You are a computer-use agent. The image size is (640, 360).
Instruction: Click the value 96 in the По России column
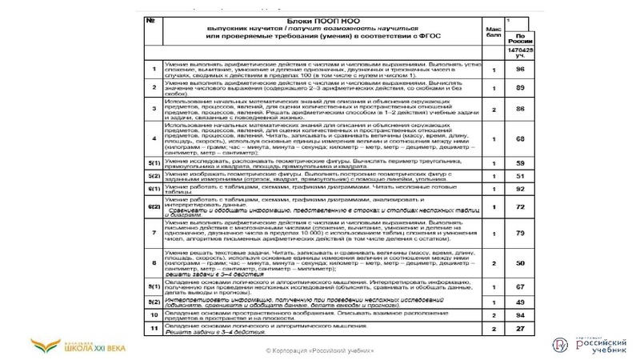[520, 69]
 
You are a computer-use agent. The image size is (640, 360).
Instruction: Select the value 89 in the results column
[520, 88]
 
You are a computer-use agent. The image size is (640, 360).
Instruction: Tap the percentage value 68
[520, 138]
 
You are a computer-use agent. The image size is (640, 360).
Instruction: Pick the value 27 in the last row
[520, 329]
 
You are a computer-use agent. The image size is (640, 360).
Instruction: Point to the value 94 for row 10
[520, 315]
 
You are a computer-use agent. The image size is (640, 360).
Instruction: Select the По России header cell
[520, 38]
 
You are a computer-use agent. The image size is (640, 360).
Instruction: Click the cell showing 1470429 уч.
[520, 53]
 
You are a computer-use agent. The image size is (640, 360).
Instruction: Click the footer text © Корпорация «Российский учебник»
[319, 352]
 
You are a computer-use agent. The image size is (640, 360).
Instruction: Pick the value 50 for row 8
[520, 262]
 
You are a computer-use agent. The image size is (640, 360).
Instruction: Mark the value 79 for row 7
[520, 233]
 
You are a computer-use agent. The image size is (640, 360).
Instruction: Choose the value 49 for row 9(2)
[520, 302]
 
